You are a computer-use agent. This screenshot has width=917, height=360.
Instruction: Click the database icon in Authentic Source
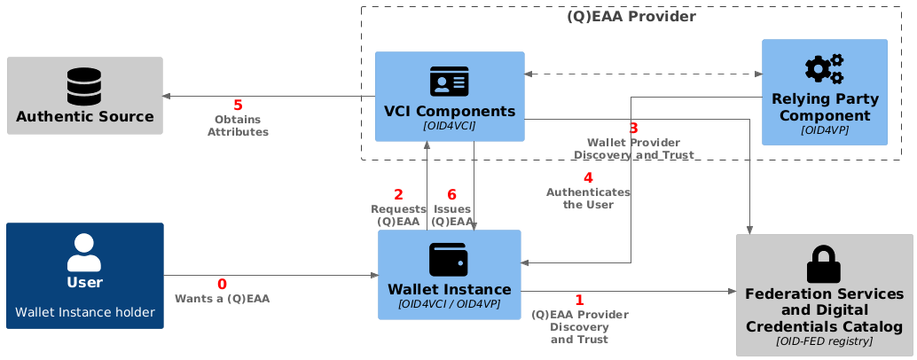(84, 87)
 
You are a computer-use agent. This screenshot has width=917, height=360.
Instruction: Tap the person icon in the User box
(84, 253)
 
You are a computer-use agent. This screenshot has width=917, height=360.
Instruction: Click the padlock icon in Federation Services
(824, 264)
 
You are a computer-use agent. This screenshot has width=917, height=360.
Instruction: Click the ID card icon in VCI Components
(449, 82)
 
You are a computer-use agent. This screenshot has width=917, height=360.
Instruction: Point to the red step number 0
(222, 284)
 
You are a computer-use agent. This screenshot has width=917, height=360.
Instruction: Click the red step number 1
(579, 300)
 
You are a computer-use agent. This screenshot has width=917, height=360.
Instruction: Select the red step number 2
(398, 194)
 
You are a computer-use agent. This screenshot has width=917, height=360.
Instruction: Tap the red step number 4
(588, 177)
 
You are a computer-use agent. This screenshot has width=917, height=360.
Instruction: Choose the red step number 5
(238, 106)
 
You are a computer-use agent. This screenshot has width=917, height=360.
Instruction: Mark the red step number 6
(451, 194)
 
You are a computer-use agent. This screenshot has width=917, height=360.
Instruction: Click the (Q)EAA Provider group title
(631, 17)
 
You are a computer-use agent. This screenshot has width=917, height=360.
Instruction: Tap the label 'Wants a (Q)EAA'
(222, 299)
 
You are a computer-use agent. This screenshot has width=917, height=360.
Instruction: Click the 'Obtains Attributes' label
(238, 126)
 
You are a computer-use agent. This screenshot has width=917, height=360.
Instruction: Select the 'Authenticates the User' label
(588, 198)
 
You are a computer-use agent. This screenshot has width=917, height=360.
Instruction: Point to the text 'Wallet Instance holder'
(84, 312)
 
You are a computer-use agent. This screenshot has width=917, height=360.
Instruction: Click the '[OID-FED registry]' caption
(824, 340)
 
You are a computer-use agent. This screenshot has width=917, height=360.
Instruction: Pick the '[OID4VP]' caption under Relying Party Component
(824, 130)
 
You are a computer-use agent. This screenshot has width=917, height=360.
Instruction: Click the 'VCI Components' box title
(450, 111)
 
